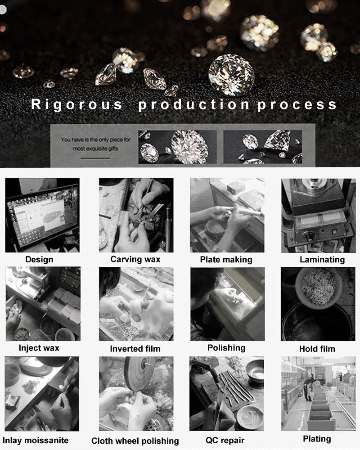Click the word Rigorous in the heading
(76, 104)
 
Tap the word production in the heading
(193, 104)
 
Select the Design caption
(39, 259)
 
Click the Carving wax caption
(135, 259)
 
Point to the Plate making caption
(226, 260)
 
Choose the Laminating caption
(322, 260)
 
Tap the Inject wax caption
(39, 348)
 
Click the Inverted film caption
(135, 349)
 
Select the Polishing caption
(226, 348)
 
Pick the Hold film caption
(317, 349)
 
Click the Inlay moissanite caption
(36, 440)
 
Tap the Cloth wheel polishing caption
(135, 441)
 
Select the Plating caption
(317, 439)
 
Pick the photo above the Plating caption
(318, 393)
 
